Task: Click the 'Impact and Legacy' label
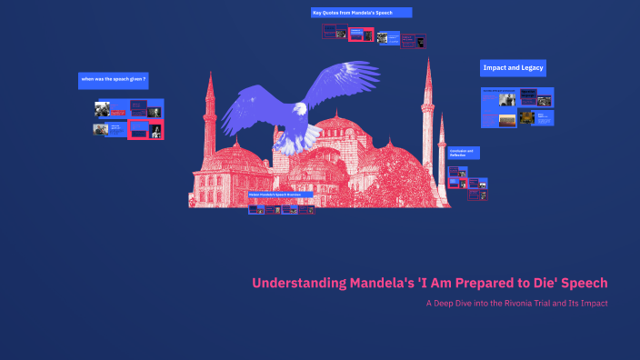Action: pyautogui.click(x=513, y=68)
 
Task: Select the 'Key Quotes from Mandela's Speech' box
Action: pyautogui.click(x=361, y=13)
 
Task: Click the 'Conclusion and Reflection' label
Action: pyautogui.click(x=463, y=153)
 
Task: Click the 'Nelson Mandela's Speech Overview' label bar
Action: pyautogui.click(x=281, y=195)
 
